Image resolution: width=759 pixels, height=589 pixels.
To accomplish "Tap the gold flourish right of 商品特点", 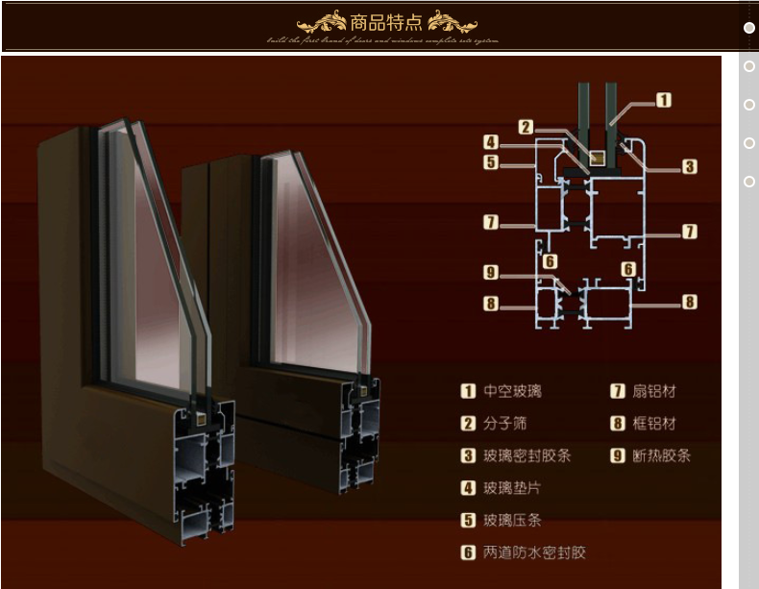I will click(452, 22).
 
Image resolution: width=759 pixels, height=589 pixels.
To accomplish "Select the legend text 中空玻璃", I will click(512, 391).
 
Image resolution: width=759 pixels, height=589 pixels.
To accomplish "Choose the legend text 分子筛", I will click(505, 424).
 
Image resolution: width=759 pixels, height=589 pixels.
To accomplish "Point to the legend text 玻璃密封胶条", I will click(527, 456).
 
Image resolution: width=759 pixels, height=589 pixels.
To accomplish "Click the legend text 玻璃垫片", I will click(512, 488).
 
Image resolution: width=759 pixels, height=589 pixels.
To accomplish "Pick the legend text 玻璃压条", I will click(512, 521).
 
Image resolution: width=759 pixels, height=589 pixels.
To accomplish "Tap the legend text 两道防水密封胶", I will click(534, 552).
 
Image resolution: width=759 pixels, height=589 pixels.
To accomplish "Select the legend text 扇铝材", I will click(653, 391).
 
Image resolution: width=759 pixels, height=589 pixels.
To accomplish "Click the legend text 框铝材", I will click(653, 424).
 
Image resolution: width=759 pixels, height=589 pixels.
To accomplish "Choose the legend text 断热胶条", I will click(661, 456).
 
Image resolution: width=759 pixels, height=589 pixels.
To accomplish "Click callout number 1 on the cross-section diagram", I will click(663, 100).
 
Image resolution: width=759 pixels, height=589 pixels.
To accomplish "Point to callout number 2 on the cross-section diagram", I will click(526, 126).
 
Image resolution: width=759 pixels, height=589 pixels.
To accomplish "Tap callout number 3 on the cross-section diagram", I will click(689, 167).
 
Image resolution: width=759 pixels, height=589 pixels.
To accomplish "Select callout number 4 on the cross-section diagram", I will click(491, 142).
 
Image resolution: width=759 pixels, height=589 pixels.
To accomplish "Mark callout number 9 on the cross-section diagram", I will click(491, 272).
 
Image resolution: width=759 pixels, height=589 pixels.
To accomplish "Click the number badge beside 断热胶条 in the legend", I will click(618, 456).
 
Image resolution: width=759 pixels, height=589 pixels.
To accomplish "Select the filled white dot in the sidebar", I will click(749, 28).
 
